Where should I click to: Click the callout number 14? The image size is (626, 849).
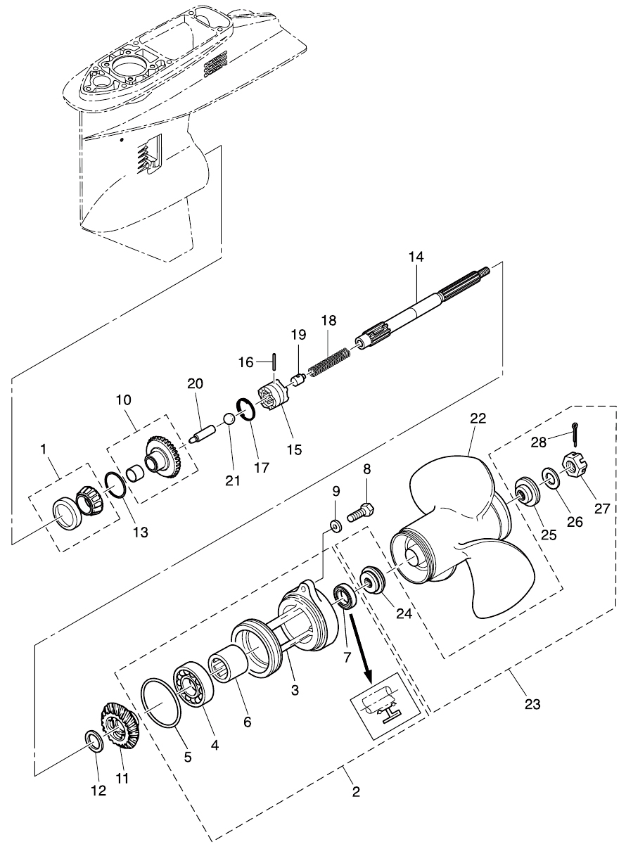coord(416,257)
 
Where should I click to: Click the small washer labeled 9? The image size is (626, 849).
coord(336,525)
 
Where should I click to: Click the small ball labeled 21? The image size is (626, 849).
coord(228,419)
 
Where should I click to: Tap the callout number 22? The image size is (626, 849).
coord(478,418)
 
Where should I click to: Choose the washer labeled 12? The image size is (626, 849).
coord(94,741)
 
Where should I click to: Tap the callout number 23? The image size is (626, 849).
coord(532,703)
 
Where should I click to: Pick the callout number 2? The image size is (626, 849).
coord(355,791)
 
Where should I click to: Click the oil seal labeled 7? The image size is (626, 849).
coord(345,596)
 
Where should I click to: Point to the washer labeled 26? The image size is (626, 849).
coord(551,479)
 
